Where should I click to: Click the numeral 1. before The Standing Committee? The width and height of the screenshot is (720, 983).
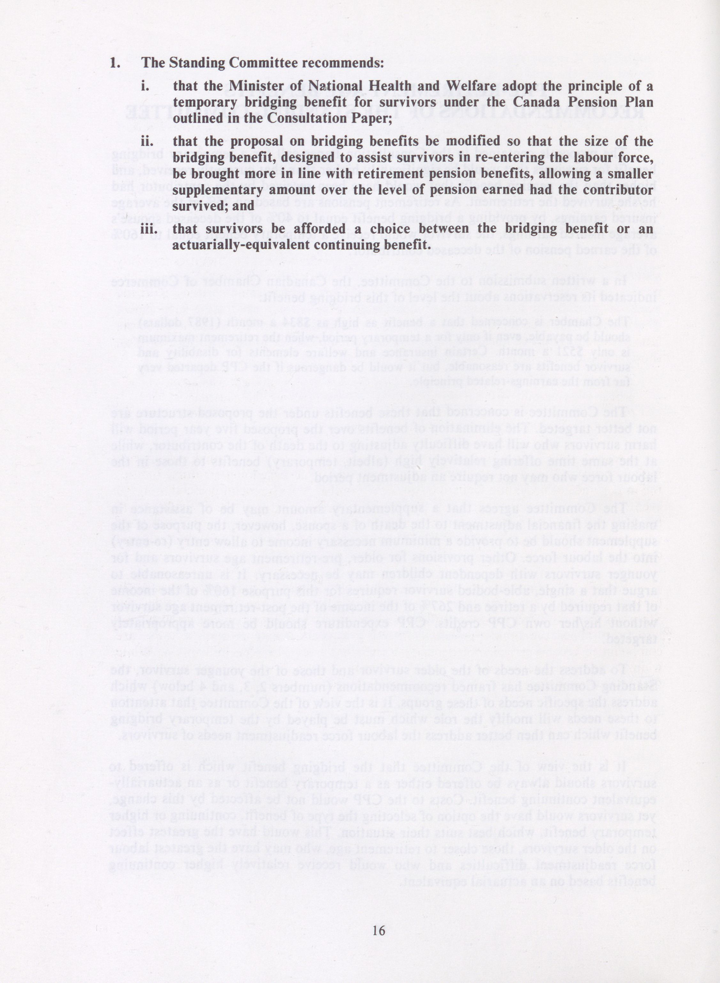115,63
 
